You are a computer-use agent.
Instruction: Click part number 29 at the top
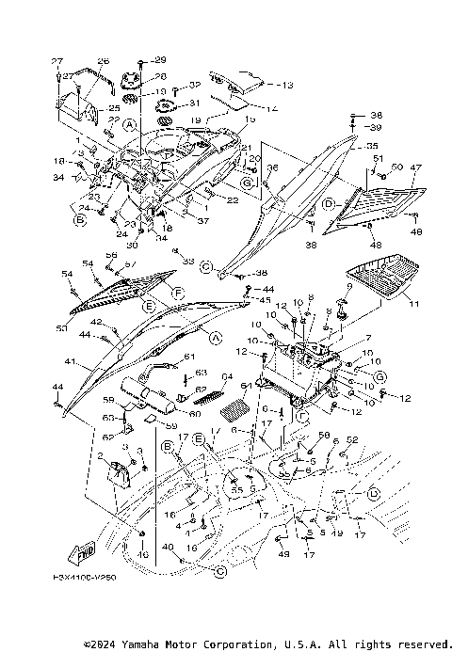[159, 60]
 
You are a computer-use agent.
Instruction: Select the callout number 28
[159, 76]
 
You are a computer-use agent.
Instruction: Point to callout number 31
[195, 103]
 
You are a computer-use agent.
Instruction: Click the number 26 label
[103, 60]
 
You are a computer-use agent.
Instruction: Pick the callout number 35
[372, 147]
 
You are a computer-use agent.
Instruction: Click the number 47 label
[415, 167]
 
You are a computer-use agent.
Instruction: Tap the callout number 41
[69, 360]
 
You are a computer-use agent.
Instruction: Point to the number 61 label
[188, 356]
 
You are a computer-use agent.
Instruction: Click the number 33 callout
[188, 261]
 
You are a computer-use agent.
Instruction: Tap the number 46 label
[143, 555]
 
